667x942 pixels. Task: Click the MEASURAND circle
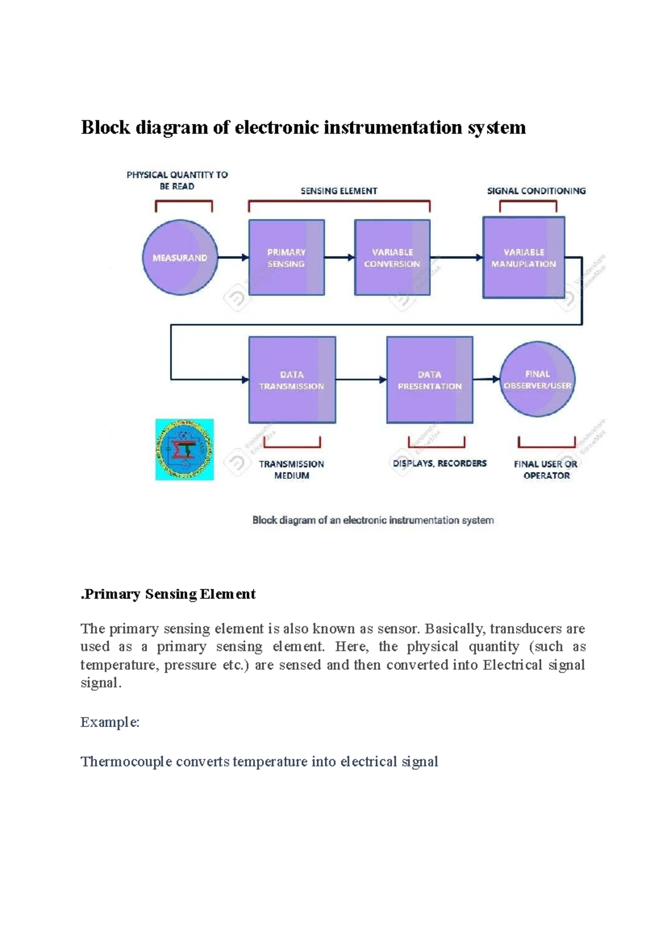(x=180, y=258)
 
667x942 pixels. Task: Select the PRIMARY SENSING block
(x=286, y=258)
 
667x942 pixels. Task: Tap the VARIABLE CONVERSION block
(x=392, y=258)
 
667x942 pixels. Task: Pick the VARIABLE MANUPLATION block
(x=524, y=258)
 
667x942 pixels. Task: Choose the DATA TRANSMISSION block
(x=292, y=380)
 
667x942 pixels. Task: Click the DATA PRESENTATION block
(x=430, y=380)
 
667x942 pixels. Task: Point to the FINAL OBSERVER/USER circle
(x=537, y=379)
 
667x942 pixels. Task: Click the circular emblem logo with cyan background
(x=185, y=449)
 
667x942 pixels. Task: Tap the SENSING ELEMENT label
(x=339, y=191)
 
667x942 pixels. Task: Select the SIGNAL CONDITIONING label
(x=536, y=191)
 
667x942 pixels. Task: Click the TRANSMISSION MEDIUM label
(x=291, y=469)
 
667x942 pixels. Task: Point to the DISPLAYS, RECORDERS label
(x=440, y=463)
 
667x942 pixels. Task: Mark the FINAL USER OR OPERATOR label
(x=546, y=469)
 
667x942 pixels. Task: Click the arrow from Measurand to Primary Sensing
(x=233, y=257)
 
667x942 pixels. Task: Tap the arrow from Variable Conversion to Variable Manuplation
(x=456, y=257)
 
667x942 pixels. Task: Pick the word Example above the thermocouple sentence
(x=109, y=722)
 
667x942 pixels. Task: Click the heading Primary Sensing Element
(x=168, y=594)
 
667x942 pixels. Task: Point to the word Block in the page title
(x=105, y=128)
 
